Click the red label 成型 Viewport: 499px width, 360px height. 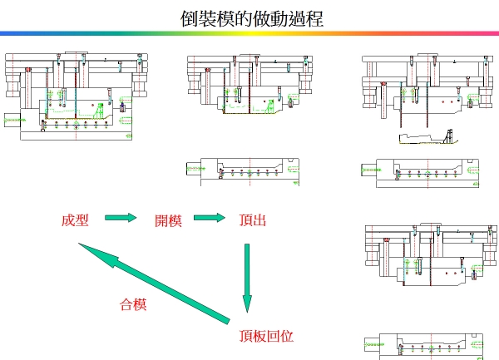74,220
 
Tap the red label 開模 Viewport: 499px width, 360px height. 168,220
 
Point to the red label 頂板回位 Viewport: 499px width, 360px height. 266,337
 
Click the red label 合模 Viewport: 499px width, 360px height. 133,304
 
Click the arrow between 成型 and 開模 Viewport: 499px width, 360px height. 121,218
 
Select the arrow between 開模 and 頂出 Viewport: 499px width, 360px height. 210,218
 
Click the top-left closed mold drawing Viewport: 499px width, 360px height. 78,96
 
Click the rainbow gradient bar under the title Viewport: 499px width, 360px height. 249,33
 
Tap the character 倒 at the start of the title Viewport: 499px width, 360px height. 189,17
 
